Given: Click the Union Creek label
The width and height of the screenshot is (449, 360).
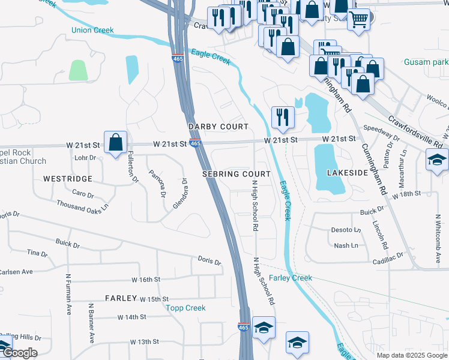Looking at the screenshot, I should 92,30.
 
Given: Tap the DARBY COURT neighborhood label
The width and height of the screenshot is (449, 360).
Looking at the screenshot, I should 218,127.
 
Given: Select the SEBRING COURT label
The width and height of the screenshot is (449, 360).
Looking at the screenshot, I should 237,173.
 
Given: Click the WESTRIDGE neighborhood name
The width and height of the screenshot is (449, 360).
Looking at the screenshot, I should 68,179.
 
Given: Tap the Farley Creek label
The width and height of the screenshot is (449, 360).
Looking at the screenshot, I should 291,278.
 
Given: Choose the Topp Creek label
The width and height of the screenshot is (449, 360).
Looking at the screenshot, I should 185,308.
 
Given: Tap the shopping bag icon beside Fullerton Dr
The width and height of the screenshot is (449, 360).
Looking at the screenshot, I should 115,143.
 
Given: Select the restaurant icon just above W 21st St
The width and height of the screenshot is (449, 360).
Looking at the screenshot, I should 282,116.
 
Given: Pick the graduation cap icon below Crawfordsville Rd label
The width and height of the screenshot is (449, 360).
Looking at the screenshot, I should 438,160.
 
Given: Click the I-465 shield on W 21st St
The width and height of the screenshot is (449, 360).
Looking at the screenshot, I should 195,143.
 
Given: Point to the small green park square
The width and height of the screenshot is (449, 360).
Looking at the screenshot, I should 78,70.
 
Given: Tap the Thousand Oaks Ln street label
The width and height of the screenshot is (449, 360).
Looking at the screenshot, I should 83,205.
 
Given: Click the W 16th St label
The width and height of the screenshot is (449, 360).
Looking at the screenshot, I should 146,280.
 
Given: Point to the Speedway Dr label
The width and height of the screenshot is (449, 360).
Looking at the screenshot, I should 383,133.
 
